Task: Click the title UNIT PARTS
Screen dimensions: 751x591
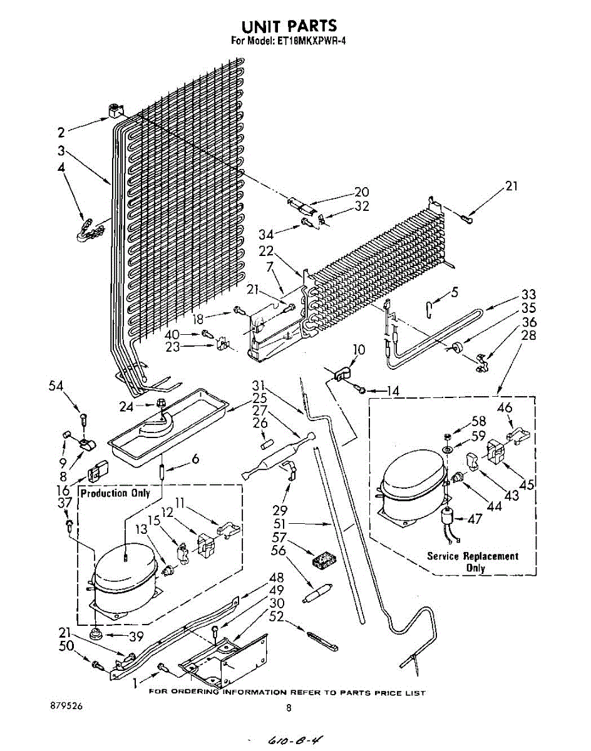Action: pos(289,26)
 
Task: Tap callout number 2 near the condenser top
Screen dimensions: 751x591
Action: pos(61,132)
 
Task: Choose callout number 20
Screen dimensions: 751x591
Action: pos(361,192)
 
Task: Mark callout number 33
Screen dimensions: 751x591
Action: pos(529,294)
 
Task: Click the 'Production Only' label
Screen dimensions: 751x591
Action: pos(115,493)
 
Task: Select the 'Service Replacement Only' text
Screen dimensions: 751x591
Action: pos(473,561)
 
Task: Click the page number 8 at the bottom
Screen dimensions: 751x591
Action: pos(289,708)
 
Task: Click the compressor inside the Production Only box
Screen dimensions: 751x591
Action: pos(124,576)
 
